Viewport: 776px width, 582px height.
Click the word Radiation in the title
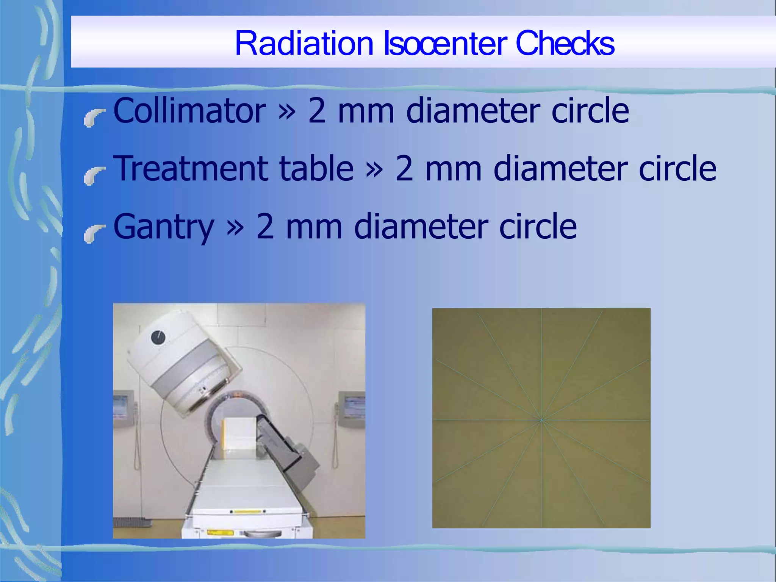pos(304,43)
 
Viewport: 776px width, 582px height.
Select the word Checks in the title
pos(565,43)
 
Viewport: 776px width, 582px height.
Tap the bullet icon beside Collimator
pos(94,118)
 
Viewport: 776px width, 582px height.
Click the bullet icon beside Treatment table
pos(94,176)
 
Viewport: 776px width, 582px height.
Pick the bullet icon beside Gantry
pos(94,234)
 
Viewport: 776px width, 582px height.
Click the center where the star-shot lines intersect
pos(541,420)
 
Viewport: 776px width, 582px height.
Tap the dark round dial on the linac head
pos(158,337)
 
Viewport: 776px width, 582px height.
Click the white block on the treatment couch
pos(238,432)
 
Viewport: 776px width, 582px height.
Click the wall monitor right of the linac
pos(352,408)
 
